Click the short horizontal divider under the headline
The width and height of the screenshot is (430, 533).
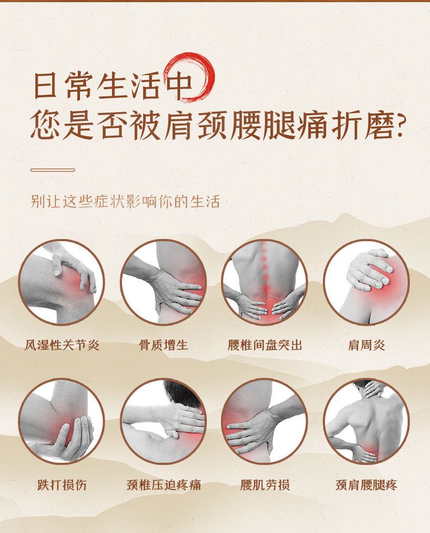(53, 170)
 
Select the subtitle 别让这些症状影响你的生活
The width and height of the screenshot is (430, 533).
(125, 201)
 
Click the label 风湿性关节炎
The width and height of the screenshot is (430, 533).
(62, 345)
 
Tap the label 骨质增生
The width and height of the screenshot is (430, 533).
(163, 345)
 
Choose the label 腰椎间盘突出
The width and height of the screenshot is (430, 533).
(265, 345)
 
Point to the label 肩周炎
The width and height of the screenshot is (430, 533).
(366, 345)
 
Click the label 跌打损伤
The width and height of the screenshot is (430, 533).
(62, 485)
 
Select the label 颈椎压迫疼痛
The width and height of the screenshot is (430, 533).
(163, 485)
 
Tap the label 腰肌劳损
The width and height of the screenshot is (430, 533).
(265, 485)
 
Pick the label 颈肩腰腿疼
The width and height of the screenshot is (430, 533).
(366, 485)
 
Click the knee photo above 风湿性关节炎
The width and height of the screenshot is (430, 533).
(62, 282)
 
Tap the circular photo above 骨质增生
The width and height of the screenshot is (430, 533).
(163, 282)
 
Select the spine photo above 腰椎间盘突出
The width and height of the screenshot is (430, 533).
(265, 282)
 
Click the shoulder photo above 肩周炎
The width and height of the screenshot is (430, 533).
(366, 282)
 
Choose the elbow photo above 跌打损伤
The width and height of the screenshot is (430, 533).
(62, 421)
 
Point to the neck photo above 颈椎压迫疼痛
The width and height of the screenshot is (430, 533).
(163, 421)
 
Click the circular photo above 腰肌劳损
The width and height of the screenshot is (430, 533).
(265, 421)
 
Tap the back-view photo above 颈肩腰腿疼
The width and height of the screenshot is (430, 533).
(366, 421)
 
